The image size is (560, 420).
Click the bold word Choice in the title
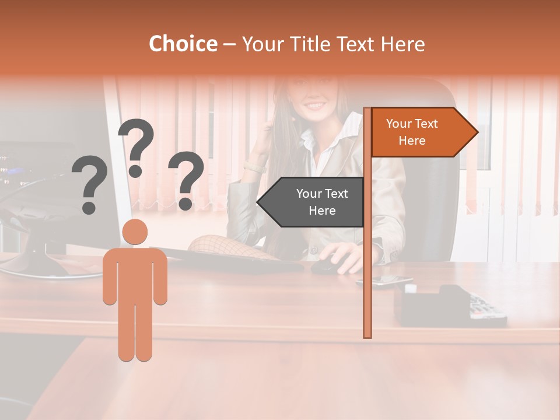(x=183, y=44)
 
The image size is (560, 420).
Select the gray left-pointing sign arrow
(x=312, y=202)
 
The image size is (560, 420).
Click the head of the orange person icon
(x=135, y=232)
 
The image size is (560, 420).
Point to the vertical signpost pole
(x=367, y=245)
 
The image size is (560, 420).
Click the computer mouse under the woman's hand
(x=327, y=266)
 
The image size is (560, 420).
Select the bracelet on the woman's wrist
(x=254, y=167)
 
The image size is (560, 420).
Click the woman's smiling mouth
(x=316, y=106)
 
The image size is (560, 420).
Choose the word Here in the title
(x=402, y=44)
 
